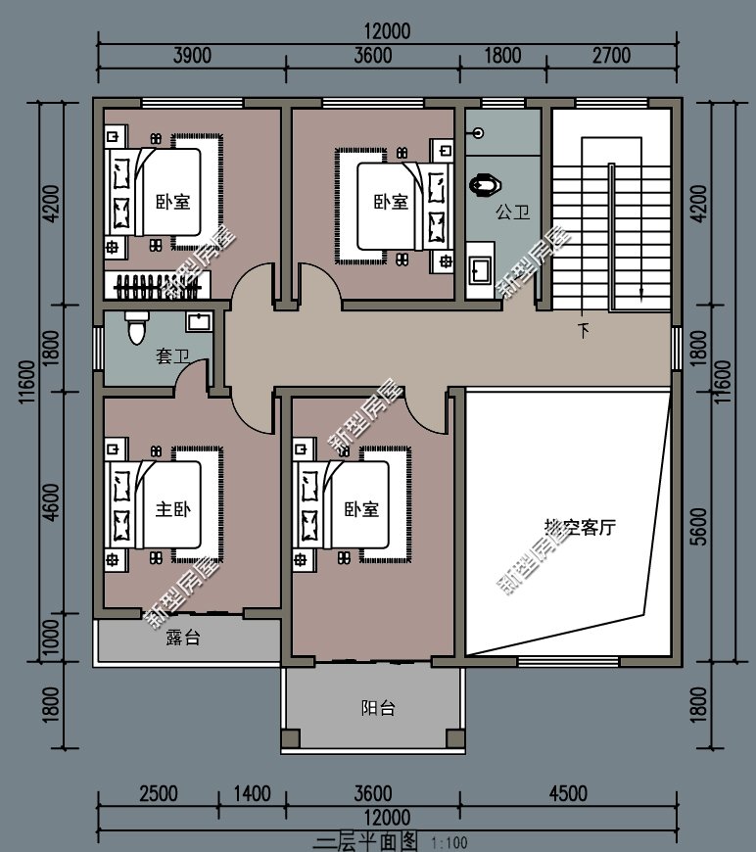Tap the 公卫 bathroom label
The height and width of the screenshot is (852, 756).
(513, 211)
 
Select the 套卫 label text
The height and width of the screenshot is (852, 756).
(172, 357)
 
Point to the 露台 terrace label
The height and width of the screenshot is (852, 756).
(183, 639)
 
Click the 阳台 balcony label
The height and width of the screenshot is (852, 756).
(378, 708)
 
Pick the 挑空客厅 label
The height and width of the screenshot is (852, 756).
(580, 527)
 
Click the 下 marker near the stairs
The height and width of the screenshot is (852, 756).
(584, 331)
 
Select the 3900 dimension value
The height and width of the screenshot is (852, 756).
(192, 56)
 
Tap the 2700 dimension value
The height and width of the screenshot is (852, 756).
(611, 56)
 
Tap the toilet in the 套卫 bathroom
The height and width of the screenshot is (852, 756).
(136, 328)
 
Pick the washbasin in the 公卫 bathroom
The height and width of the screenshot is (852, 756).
(481, 269)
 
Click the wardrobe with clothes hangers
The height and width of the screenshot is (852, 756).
(157, 287)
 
